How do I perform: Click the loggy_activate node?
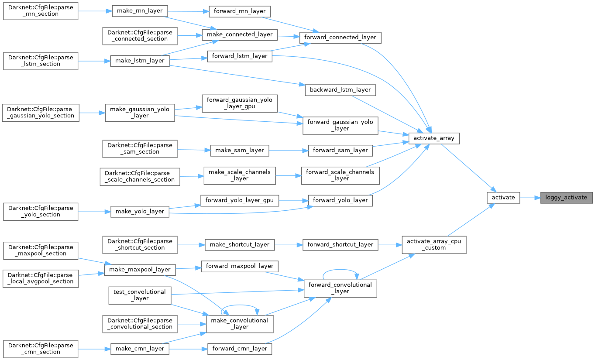click(566, 197)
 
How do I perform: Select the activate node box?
click(503, 197)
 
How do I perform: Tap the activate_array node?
click(434, 138)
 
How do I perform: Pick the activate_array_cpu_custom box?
click(433, 244)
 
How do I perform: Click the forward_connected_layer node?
click(340, 37)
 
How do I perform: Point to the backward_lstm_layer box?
click(340, 89)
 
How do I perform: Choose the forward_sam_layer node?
click(340, 150)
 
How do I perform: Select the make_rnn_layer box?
click(140, 11)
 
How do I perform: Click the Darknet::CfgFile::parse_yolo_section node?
click(41, 211)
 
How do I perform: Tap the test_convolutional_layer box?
click(139, 295)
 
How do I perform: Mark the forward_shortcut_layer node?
click(340, 244)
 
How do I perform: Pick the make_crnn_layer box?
click(140, 349)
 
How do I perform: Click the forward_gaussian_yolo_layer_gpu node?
click(239, 103)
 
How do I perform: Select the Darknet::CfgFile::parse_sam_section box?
click(139, 148)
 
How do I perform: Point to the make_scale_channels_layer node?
click(240, 175)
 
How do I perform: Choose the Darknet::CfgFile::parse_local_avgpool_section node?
click(41, 278)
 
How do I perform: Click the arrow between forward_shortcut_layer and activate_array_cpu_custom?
click(390, 244)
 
